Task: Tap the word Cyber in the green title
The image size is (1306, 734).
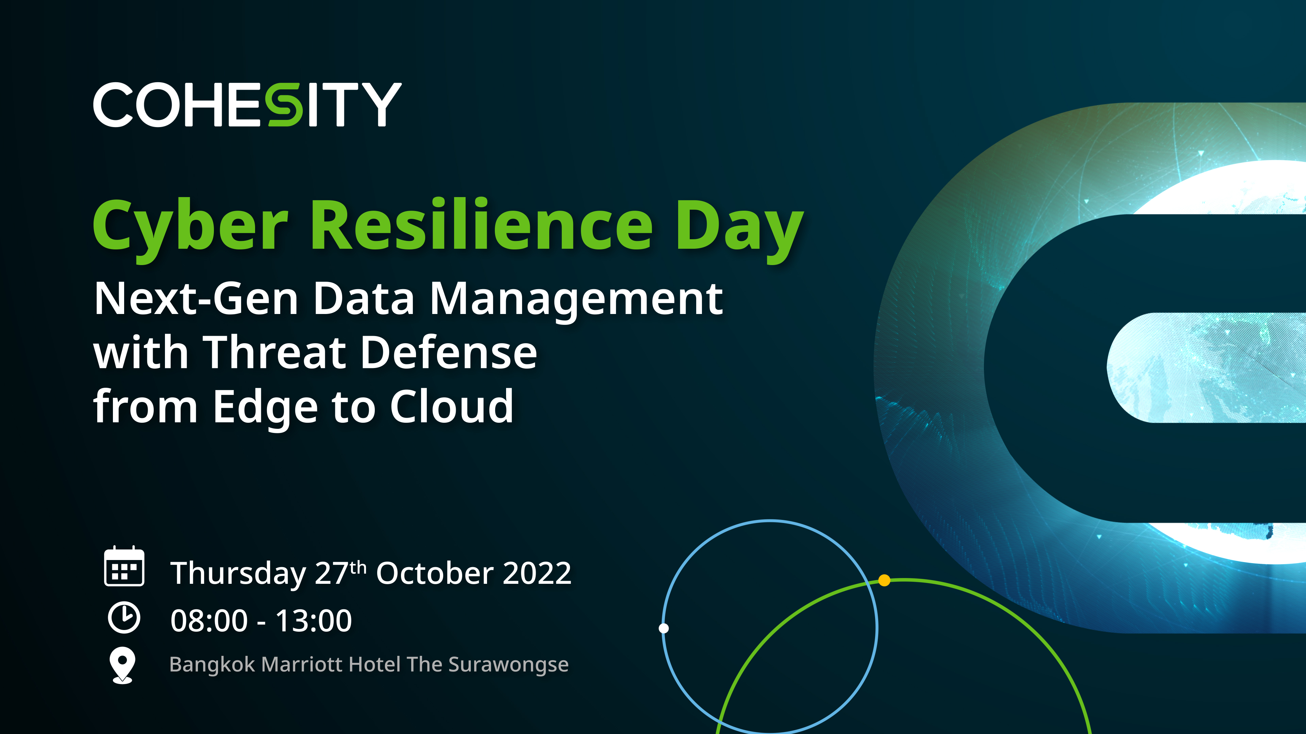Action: (x=190, y=229)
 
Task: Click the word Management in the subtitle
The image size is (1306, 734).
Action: (x=576, y=301)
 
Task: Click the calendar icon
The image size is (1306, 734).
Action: (x=124, y=566)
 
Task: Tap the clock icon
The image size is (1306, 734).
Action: (x=124, y=617)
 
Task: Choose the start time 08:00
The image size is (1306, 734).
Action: (x=210, y=621)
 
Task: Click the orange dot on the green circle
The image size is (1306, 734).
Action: (x=884, y=580)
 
